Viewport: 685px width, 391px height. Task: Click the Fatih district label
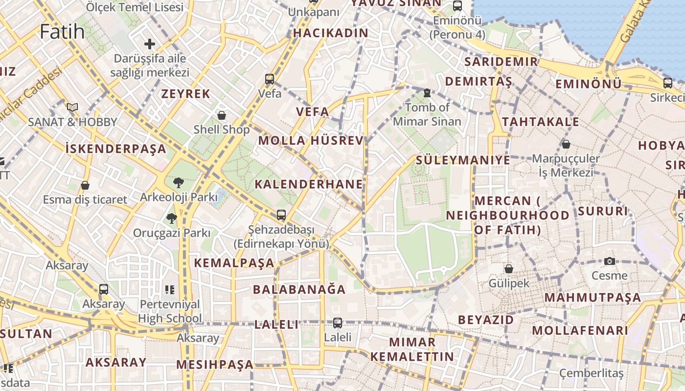[62, 32]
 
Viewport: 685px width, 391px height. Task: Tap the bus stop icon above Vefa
[270, 79]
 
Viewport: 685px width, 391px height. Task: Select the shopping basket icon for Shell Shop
[222, 115]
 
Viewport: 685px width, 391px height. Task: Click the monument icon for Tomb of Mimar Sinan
[427, 92]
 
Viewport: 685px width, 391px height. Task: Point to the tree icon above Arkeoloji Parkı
[179, 183]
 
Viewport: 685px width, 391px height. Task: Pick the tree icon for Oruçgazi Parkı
[171, 218]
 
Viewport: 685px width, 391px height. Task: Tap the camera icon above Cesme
[609, 261]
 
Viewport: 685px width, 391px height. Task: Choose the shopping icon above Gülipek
[509, 268]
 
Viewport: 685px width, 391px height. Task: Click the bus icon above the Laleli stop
[338, 323]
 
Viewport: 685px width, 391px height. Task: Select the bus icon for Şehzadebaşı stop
[281, 215]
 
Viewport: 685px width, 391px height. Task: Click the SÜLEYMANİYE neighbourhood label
[463, 160]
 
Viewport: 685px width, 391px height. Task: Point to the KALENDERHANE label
[309, 184]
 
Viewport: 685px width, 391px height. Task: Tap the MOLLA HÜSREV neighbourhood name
[311, 141]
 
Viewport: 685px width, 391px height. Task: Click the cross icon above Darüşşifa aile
[150, 44]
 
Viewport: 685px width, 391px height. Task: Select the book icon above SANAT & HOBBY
[72, 107]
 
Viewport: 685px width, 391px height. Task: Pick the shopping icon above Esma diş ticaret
[85, 185]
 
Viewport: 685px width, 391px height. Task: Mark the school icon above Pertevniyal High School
[170, 289]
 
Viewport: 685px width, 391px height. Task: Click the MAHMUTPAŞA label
[593, 298]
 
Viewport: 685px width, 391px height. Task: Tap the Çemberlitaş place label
[592, 374]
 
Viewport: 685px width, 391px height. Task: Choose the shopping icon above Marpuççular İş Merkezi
[566, 144]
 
